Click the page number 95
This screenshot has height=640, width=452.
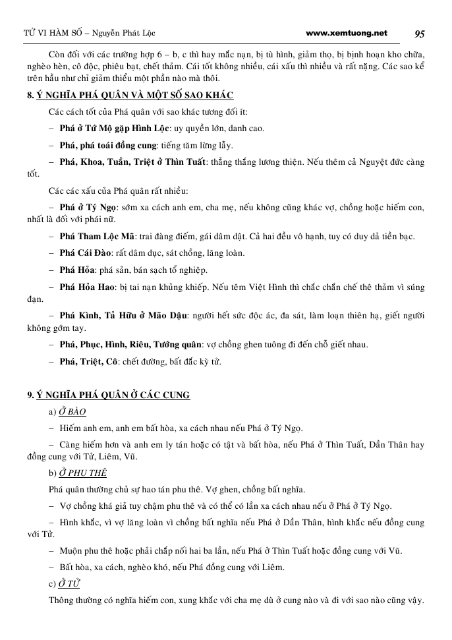point(420,34)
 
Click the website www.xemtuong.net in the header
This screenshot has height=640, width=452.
point(347,33)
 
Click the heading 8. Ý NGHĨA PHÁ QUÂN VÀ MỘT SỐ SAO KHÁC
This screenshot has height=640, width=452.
point(130,95)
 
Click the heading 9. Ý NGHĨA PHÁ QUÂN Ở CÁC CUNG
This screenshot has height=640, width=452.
point(109,395)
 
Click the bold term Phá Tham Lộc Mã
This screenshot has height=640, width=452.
point(98,237)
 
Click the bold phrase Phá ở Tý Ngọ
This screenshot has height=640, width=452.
point(88,207)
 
